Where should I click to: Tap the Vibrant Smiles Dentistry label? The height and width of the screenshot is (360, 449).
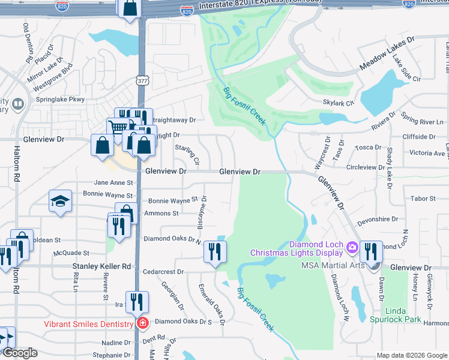88,324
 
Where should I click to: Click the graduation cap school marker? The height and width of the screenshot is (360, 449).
59,202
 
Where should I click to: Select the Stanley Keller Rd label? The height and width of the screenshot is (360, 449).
101,266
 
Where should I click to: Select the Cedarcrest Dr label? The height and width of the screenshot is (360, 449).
163,271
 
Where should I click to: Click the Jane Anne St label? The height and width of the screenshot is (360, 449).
113,183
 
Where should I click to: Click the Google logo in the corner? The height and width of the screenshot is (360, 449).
20,353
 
